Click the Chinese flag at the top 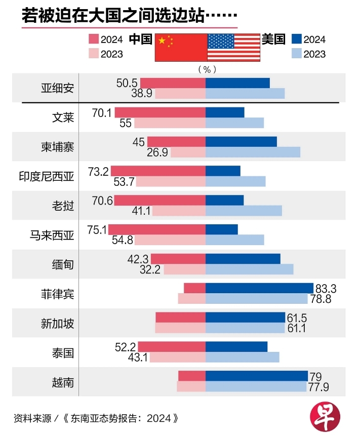click(181, 48)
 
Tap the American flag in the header click(233, 48)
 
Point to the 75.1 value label click(97, 230)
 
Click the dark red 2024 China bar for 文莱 click(160, 112)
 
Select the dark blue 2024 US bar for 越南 click(256, 376)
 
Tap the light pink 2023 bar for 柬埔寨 click(188, 152)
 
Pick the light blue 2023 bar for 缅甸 click(249, 269)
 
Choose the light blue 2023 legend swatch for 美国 click(297, 54)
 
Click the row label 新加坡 click(58, 323)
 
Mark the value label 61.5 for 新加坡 click(297, 318)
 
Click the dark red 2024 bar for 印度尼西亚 click(158, 171)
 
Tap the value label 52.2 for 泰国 click(126, 347)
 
